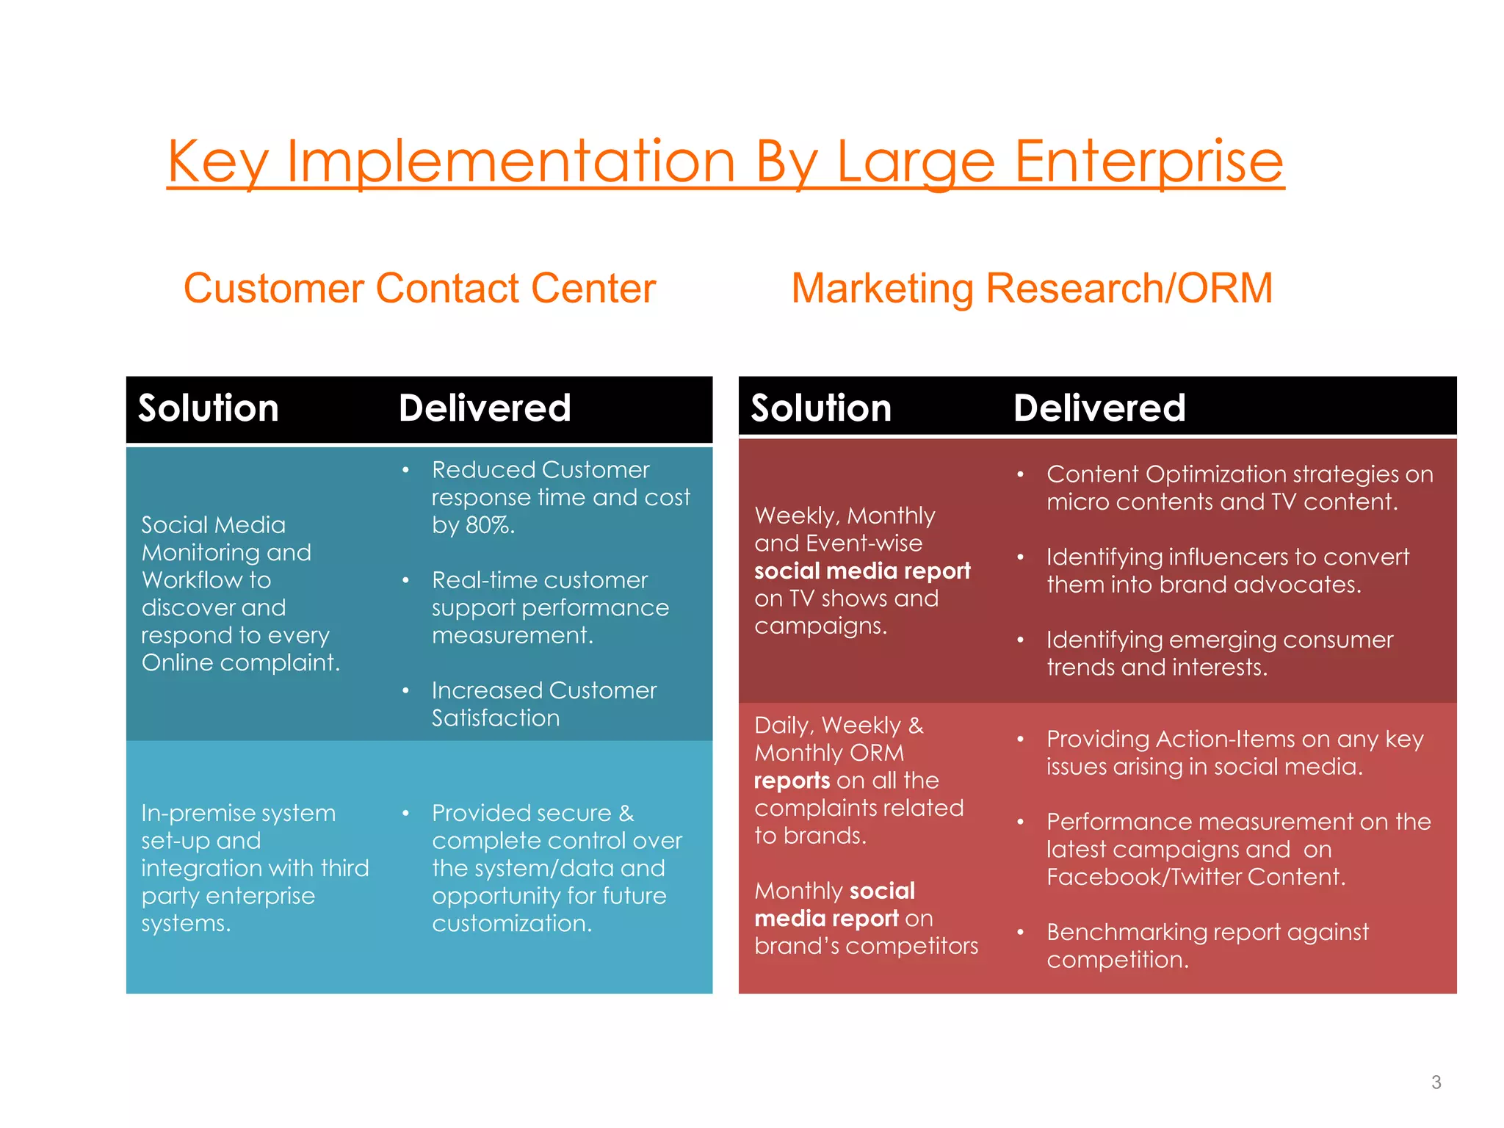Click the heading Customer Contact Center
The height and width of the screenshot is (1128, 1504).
(419, 288)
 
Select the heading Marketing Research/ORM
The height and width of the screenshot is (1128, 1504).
(1032, 288)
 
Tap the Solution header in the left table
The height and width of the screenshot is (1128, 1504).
(209, 408)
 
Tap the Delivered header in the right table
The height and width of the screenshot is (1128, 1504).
(1099, 408)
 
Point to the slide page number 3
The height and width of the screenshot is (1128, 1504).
(1436, 1082)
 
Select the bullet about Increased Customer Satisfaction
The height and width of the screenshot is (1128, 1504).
(543, 704)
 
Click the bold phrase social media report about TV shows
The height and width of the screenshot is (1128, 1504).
(862, 571)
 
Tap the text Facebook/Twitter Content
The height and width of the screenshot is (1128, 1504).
(1196, 877)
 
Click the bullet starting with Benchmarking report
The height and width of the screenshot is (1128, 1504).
(1207, 945)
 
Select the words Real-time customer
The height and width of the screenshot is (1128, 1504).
(540, 580)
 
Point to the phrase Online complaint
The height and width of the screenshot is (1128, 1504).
(240, 663)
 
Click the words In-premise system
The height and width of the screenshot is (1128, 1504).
(238, 813)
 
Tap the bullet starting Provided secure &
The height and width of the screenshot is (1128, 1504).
(556, 868)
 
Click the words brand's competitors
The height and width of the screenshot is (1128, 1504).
(866, 947)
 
